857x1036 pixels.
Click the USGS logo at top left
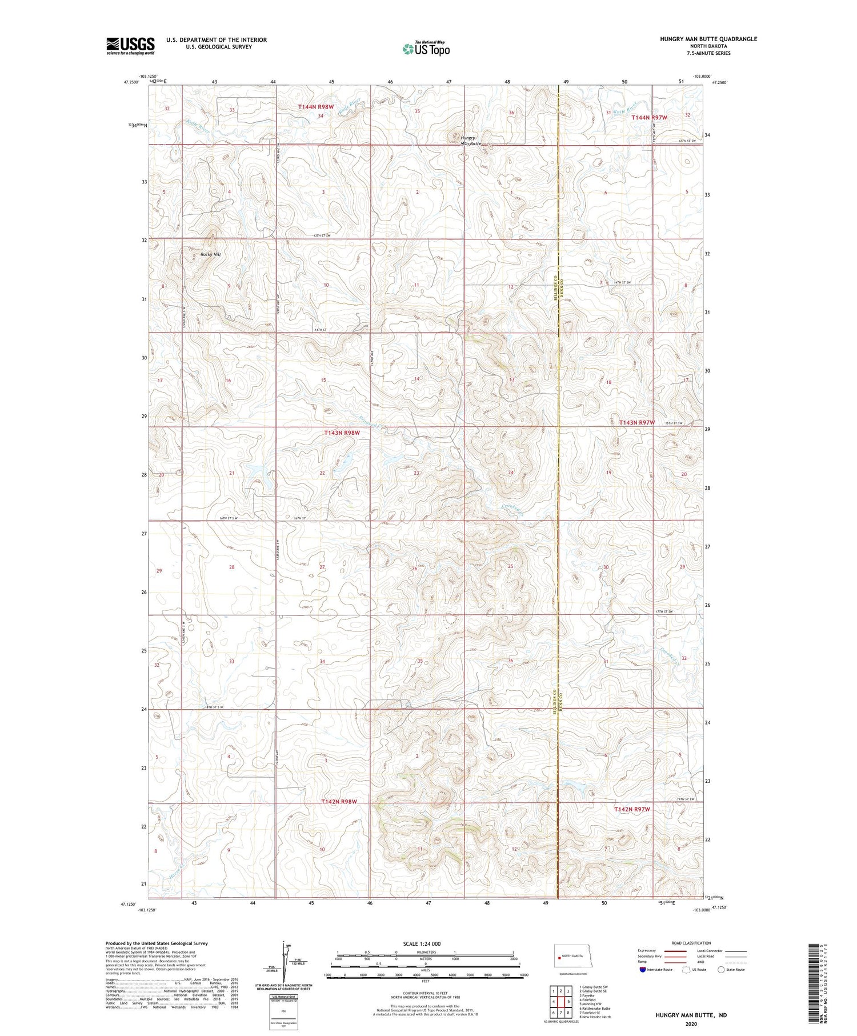(130, 46)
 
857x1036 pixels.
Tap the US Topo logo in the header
(426, 49)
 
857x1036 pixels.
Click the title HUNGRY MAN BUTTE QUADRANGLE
(708, 39)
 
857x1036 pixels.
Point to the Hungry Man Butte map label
(471, 141)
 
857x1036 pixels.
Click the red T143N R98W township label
(342, 433)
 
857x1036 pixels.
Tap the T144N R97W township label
(649, 117)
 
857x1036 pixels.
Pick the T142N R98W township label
(339, 802)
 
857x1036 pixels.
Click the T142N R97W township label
(632, 809)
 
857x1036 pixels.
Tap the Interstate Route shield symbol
(643, 970)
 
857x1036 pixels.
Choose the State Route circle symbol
(721, 970)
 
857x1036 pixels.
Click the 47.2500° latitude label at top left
(131, 82)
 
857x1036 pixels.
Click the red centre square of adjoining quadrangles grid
(561, 1002)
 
